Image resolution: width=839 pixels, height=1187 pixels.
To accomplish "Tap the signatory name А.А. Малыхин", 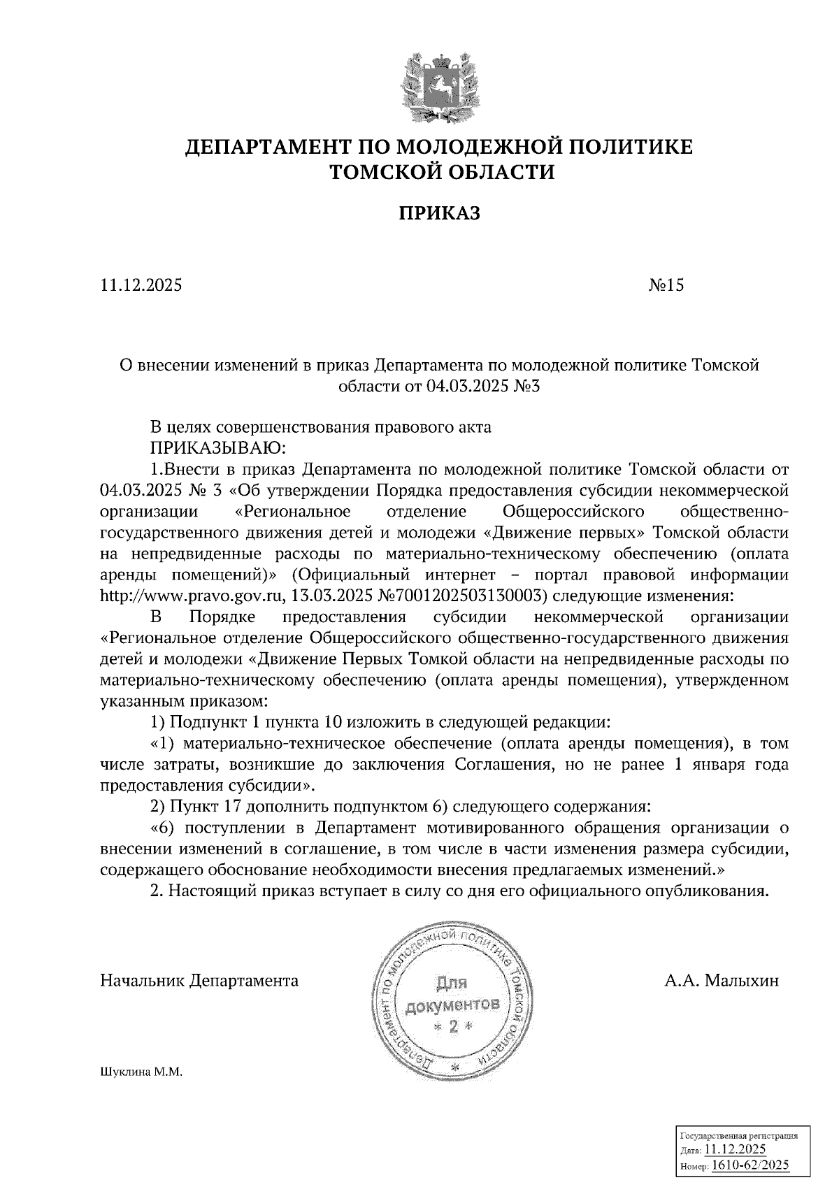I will [x=722, y=981].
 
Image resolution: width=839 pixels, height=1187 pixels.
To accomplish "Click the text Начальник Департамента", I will [x=199, y=981].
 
